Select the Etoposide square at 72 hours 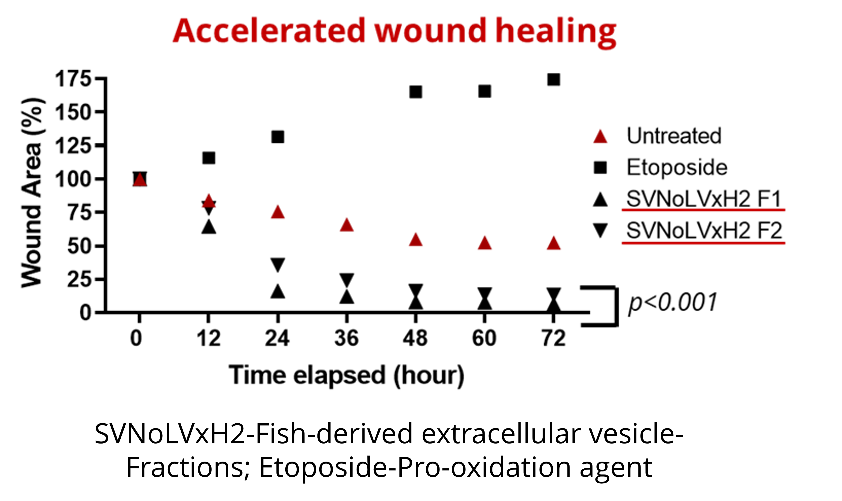coord(554,80)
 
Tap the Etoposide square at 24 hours coord(278,137)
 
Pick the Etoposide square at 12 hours coord(209,158)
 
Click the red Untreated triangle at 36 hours coord(347,225)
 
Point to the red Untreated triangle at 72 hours coord(554,243)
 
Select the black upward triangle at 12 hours coord(209,227)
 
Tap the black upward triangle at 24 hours coord(278,291)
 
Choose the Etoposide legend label coord(677,167)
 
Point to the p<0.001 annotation coord(672,303)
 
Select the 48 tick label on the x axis coord(415,338)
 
